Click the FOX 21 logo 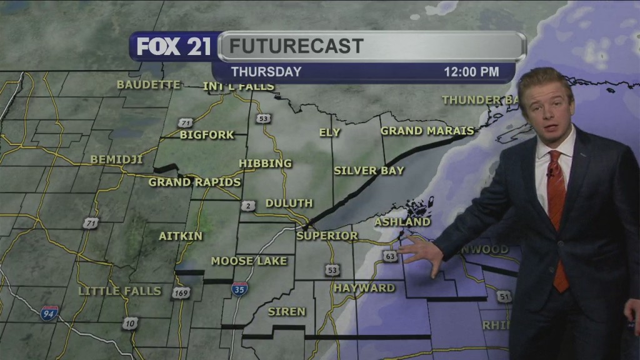174,47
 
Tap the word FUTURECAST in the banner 296,46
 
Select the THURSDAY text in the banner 266,72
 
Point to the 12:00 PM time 471,72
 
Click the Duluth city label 289,203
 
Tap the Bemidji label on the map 116,159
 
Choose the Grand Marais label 427,131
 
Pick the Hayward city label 364,288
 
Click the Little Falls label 120,291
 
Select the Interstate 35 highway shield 239,289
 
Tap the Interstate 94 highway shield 50,313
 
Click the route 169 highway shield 181,292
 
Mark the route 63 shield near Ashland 391,256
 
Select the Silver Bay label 369,171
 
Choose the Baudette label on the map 148,85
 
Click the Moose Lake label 249,261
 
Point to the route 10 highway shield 130,322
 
